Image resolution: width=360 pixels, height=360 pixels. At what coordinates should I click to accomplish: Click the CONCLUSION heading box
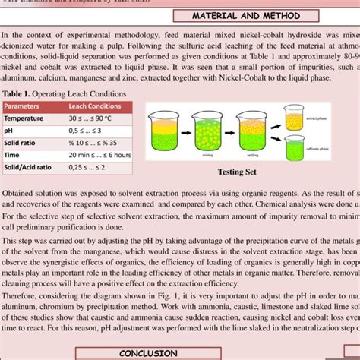tap(148, 353)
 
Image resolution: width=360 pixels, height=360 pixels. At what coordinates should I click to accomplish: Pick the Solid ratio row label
tap(24, 143)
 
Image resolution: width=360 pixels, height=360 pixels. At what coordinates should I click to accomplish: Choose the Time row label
tap(14, 155)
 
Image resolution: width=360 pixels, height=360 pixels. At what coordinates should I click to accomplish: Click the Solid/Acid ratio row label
tap(28, 167)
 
